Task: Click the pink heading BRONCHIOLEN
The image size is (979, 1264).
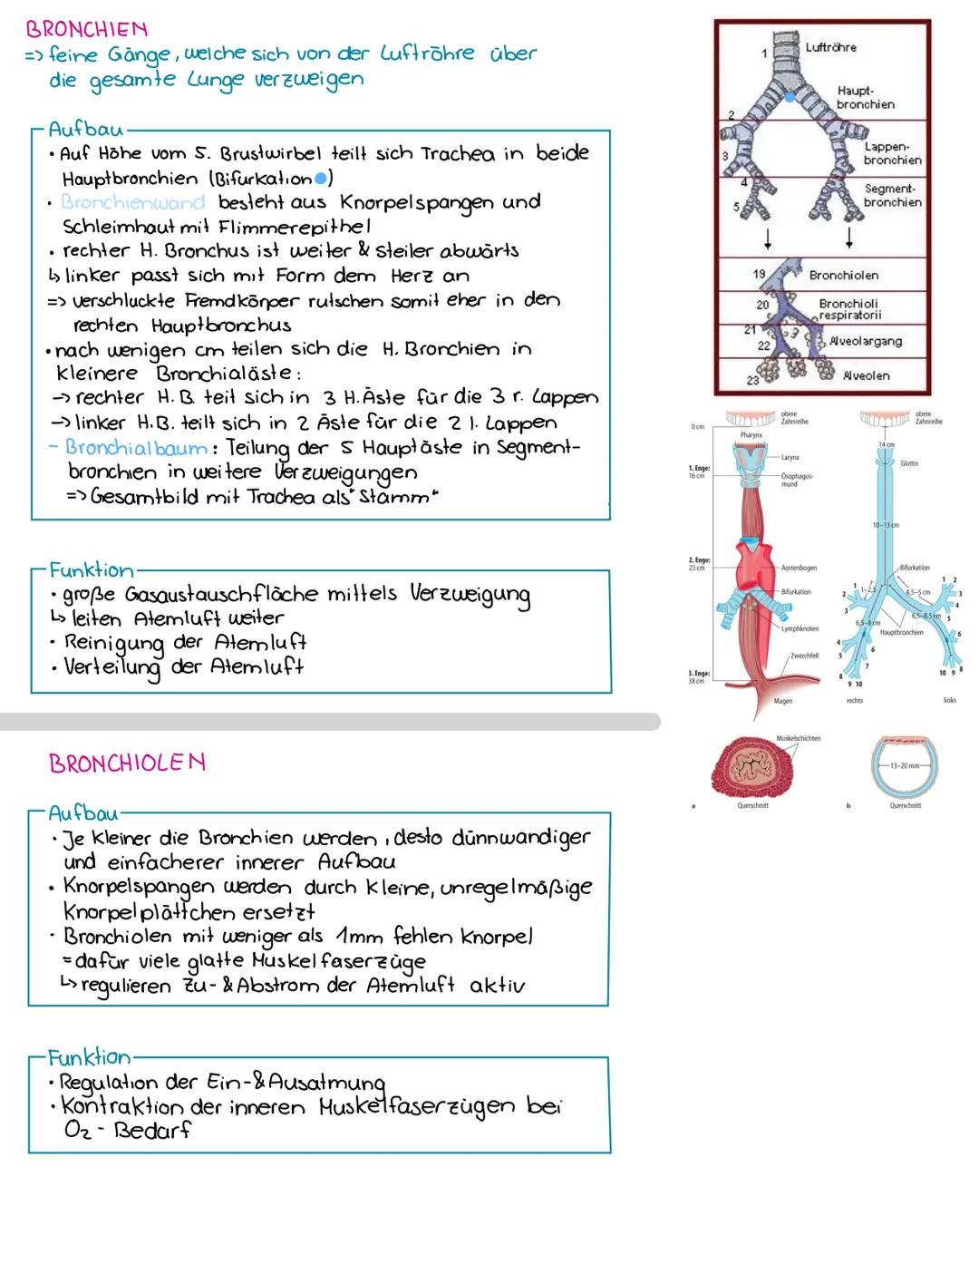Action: [127, 763]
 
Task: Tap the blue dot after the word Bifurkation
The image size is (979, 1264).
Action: [319, 178]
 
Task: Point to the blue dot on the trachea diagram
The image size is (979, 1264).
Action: [790, 96]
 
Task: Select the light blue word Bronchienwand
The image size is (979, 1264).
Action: [133, 202]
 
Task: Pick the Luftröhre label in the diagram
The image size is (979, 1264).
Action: [830, 47]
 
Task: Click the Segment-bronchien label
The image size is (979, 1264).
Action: [892, 195]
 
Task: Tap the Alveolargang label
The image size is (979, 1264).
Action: [866, 341]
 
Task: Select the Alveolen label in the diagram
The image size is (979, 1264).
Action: [866, 375]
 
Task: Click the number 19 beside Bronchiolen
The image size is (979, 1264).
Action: [759, 273]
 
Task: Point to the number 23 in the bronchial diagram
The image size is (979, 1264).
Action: [752, 381]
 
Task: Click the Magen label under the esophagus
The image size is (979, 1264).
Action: [782, 701]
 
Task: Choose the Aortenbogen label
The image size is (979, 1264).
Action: [798, 568]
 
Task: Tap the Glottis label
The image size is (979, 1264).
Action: [909, 463]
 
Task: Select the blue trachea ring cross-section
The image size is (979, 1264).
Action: [904, 766]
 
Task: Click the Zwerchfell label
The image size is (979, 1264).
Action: [804, 656]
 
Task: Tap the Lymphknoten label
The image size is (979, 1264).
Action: [800, 628]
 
